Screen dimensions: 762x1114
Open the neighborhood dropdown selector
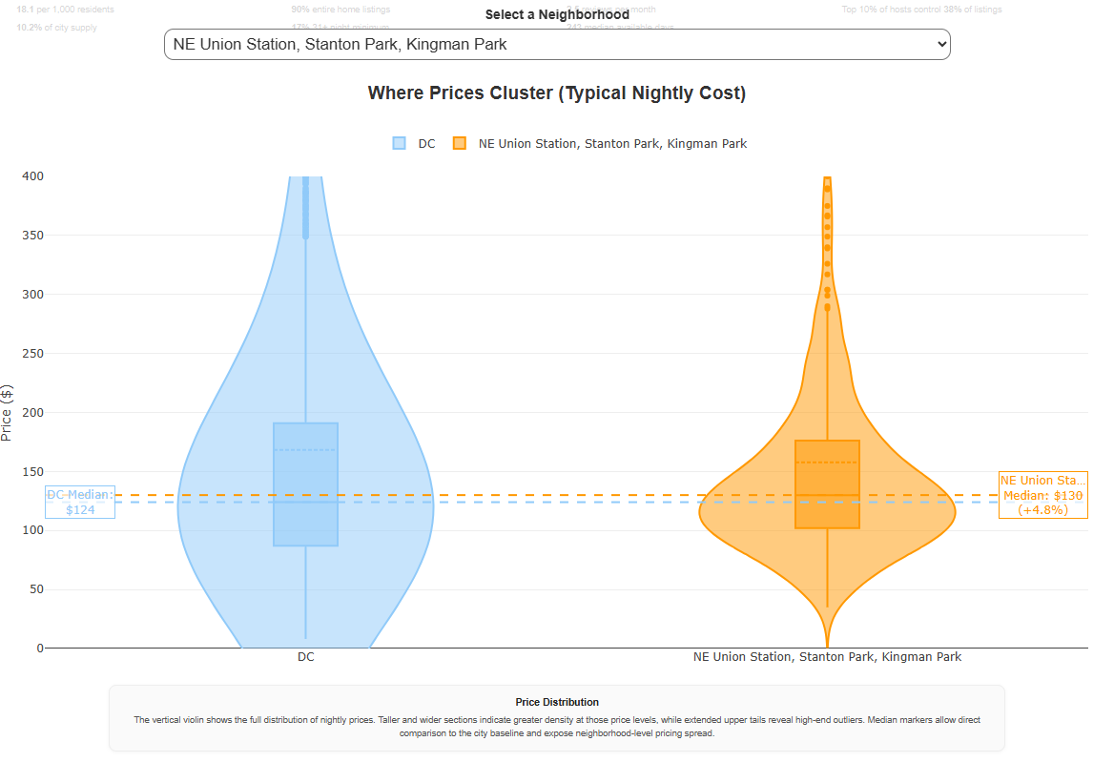tap(557, 45)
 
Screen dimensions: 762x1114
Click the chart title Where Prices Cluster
tap(557, 93)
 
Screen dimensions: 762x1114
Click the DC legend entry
tap(415, 144)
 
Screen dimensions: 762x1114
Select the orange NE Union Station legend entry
tap(601, 144)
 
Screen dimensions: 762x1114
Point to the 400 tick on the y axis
tap(33, 176)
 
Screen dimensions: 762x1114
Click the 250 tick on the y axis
tap(33, 354)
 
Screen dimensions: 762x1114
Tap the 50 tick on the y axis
tap(36, 589)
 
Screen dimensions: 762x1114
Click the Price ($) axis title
tap(8, 412)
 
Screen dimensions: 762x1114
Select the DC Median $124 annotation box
tap(80, 502)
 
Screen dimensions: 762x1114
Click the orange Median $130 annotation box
tap(1042, 495)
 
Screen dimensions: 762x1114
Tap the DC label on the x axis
tap(305, 657)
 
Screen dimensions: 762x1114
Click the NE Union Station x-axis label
tap(827, 657)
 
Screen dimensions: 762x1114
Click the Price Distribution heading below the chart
tap(557, 702)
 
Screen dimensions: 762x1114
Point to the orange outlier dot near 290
tap(827, 307)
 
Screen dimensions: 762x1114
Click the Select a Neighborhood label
tap(557, 14)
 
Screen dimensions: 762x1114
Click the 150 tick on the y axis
tap(33, 471)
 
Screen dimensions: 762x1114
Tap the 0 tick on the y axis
tap(40, 649)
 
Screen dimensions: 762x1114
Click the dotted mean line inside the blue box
tap(305, 450)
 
